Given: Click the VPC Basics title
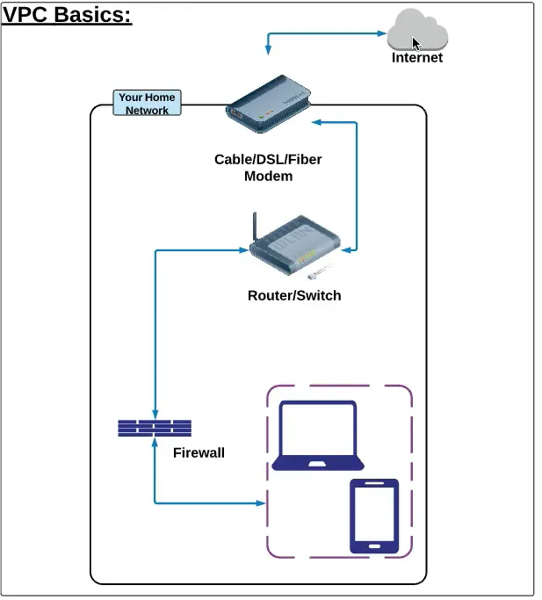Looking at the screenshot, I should pos(67,15).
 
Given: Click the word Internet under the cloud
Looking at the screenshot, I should pos(417,58).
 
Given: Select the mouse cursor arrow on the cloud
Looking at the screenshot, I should pos(416,44).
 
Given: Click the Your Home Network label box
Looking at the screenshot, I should pos(147,104).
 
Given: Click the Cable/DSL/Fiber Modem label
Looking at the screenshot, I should pos(268,167).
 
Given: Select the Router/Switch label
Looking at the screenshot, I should pos(293,295).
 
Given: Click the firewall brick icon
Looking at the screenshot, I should pos(155,429).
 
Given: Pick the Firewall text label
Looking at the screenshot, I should pos(199,453).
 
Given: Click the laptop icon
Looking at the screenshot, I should pos(317,436).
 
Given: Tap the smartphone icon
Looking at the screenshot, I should pos(374,516).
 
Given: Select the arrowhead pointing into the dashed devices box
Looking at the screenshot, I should pos(261,503).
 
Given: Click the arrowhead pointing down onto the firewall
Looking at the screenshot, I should pos(155,416).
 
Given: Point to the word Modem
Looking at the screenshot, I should pos(268,176).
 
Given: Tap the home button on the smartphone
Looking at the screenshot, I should pos(374,545).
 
